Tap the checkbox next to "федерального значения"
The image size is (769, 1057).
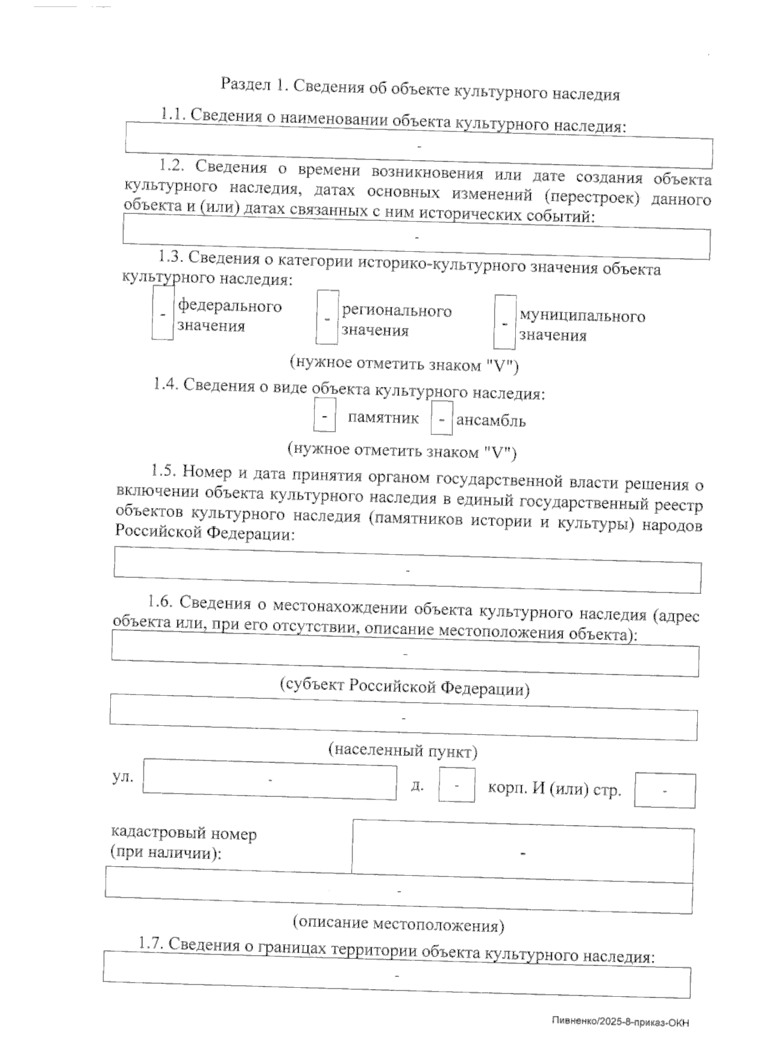tap(163, 313)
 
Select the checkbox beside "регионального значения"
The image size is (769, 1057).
tap(327, 317)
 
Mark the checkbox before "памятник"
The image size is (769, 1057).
tap(324, 416)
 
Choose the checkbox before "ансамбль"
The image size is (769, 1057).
tap(442, 420)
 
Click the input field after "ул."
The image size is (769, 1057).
tap(270, 779)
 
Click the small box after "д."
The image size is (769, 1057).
tap(456, 785)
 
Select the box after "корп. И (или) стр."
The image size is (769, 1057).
tap(665, 791)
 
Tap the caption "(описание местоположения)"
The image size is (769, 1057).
tap(398, 923)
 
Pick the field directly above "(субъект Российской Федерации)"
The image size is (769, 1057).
tap(405, 654)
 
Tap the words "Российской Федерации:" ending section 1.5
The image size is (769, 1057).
tap(205, 533)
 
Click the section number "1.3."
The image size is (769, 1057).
tap(171, 256)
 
